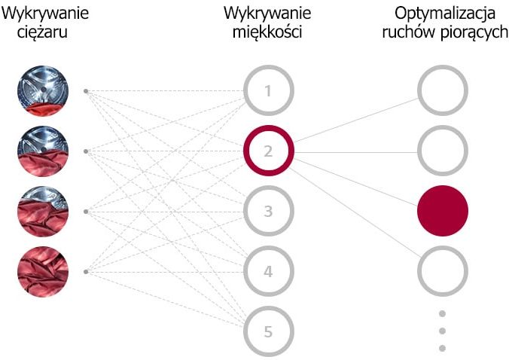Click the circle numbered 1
(269, 69)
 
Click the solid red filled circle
(443, 211)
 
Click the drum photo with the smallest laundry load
(43, 90)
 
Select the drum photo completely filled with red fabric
(43, 271)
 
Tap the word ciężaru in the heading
(42, 33)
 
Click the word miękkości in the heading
(267, 32)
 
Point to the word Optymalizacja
(445, 14)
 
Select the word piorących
(474, 33)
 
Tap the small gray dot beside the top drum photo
(86, 91)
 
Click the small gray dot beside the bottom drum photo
(86, 272)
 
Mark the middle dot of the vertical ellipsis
(442, 331)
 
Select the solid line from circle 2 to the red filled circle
(356, 182)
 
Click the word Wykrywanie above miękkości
(267, 14)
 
